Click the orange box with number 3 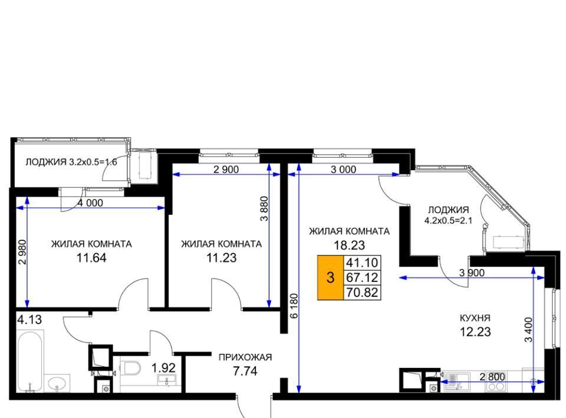[330, 278]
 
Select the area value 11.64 [91, 258]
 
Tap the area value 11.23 [221, 258]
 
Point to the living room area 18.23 [350, 246]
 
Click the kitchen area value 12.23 [475, 332]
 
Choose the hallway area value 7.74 [245, 371]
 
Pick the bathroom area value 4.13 [29, 320]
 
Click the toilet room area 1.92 [163, 368]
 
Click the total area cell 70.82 [362, 292]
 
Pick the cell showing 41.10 [362, 263]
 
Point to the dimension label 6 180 [294, 306]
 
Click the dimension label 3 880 [265, 208]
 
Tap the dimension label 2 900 [226, 170]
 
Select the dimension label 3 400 [528, 330]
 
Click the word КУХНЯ [475, 318]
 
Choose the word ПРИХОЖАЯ [245, 357]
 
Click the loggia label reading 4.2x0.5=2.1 [448, 221]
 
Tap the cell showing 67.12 [362, 277]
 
